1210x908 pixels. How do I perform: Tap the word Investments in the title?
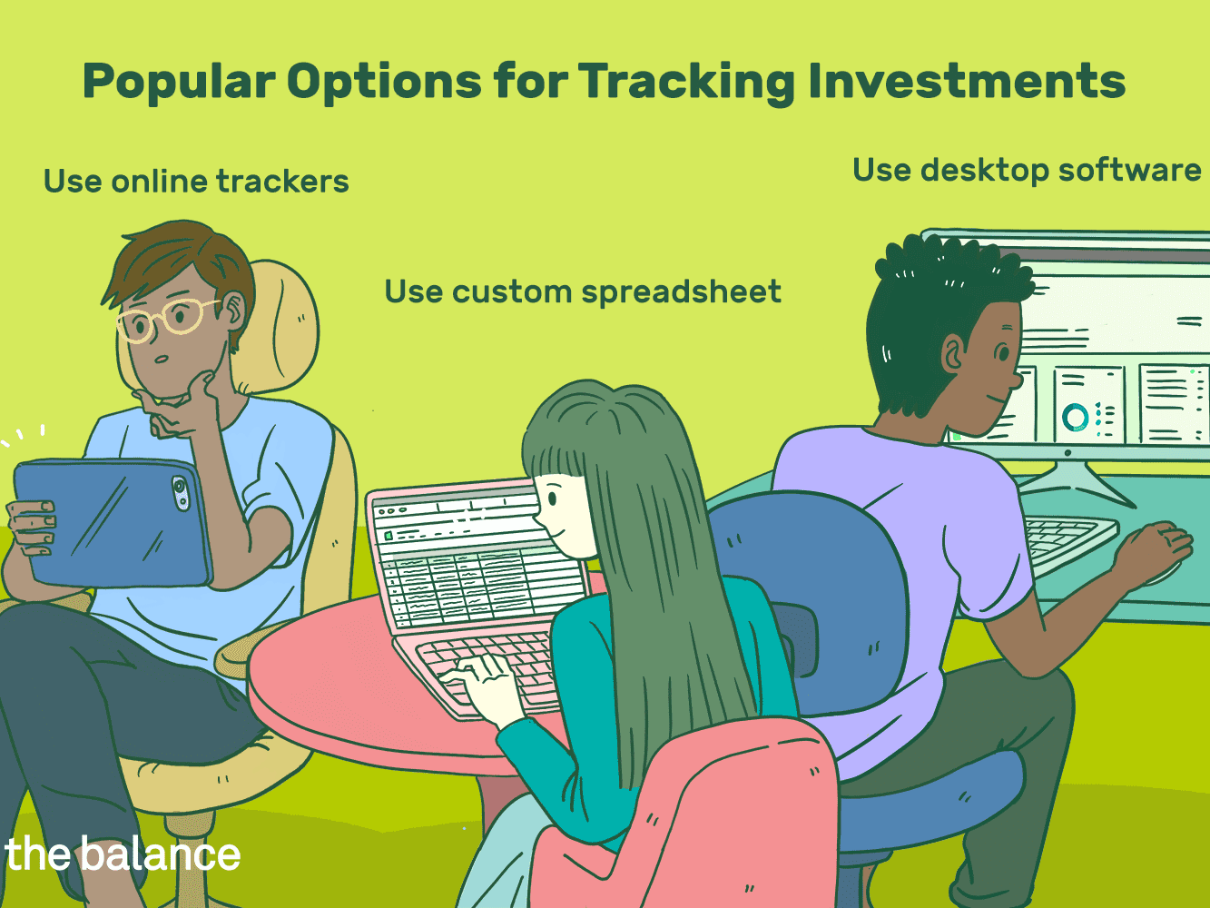(967, 81)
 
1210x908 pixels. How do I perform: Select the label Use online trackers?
(196, 181)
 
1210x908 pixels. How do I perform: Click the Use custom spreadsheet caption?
(583, 291)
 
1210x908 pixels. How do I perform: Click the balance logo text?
(123, 853)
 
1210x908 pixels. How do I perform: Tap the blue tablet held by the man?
(113, 521)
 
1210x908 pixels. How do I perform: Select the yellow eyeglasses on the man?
(165, 319)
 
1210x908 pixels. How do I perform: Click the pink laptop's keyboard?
(485, 670)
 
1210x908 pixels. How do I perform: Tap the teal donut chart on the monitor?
(1075, 417)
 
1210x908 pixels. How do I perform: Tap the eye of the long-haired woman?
(552, 498)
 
